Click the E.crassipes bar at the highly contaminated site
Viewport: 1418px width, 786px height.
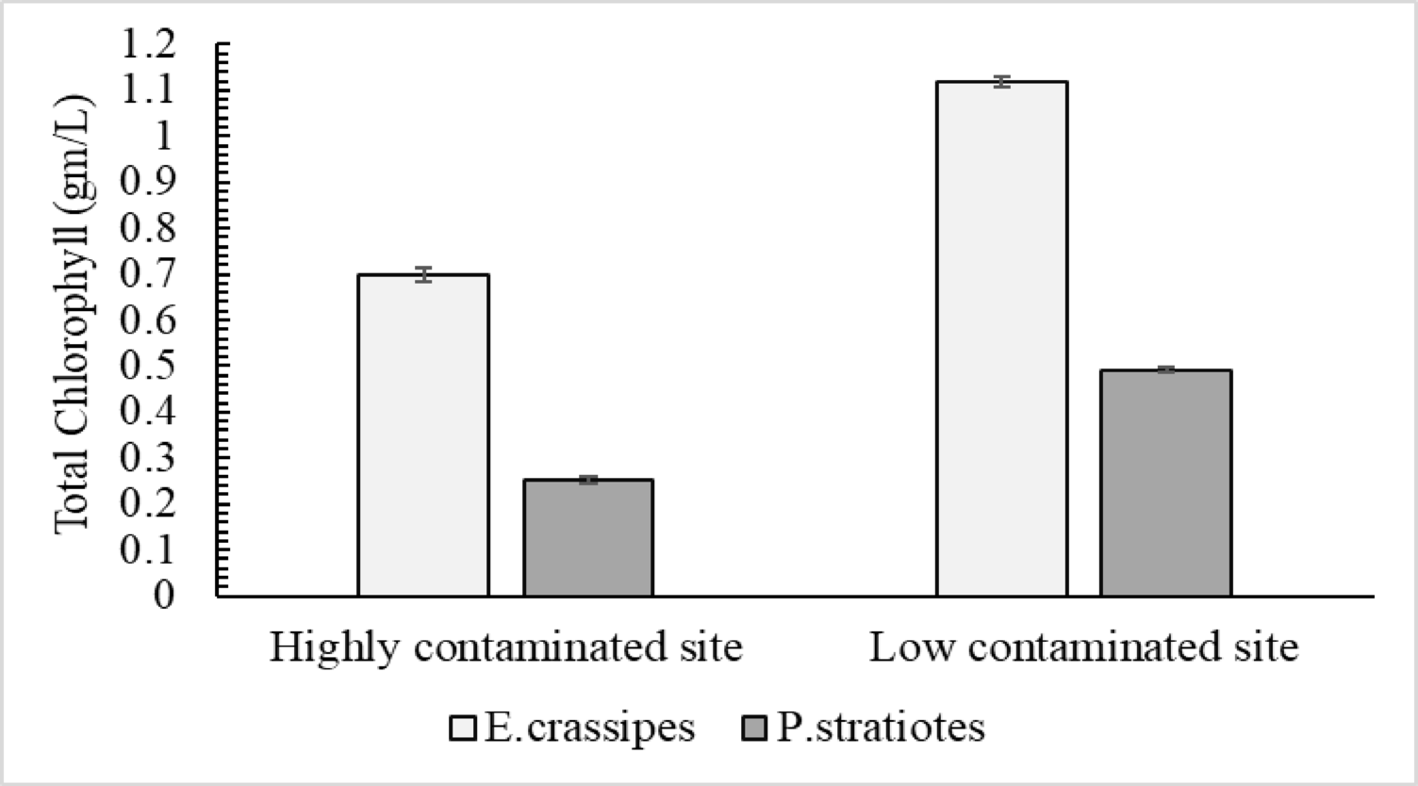(x=423, y=435)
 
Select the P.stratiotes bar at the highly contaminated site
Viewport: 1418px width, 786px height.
(x=588, y=538)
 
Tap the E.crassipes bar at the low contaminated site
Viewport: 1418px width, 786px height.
(x=1001, y=339)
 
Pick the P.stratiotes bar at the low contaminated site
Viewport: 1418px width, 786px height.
(x=1166, y=483)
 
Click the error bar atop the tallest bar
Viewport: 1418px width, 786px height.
(x=1001, y=82)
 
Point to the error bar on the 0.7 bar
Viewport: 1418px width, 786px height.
(x=423, y=275)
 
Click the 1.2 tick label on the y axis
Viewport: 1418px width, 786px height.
(x=148, y=44)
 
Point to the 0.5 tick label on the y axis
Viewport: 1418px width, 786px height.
(x=148, y=366)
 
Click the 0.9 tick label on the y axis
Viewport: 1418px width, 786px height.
(x=148, y=182)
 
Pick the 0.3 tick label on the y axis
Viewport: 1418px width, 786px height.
(x=148, y=458)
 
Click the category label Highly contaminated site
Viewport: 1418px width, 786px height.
(x=506, y=648)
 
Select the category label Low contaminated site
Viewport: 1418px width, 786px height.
(x=1083, y=648)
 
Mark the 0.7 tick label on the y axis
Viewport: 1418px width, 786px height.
(x=148, y=274)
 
